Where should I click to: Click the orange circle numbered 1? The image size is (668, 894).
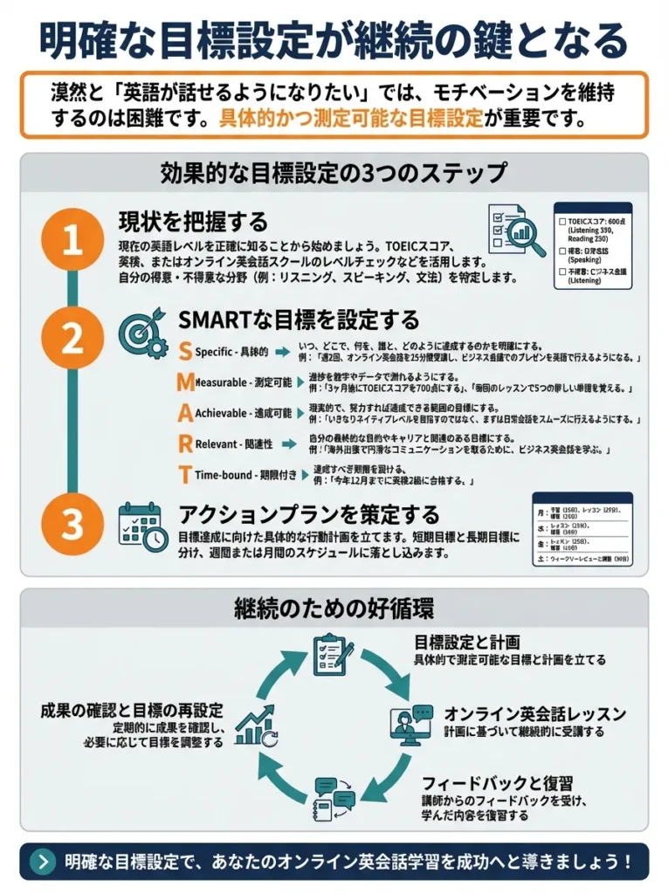(x=72, y=242)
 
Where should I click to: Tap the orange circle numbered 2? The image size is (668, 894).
(x=72, y=338)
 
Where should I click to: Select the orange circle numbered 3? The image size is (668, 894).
(x=72, y=523)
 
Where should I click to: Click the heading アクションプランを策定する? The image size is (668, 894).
(x=309, y=512)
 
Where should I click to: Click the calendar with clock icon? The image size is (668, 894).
(x=142, y=526)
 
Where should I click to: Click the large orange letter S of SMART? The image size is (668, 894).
(x=184, y=352)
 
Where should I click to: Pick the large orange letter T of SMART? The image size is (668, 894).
(x=184, y=475)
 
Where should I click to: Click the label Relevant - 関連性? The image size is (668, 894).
(x=233, y=444)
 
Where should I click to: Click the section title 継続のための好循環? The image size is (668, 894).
(x=334, y=608)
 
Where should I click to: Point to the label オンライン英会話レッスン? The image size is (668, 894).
(x=534, y=713)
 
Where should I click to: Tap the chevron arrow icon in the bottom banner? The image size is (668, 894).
(x=43, y=861)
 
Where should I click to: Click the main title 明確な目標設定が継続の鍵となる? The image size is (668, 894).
(x=334, y=39)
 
